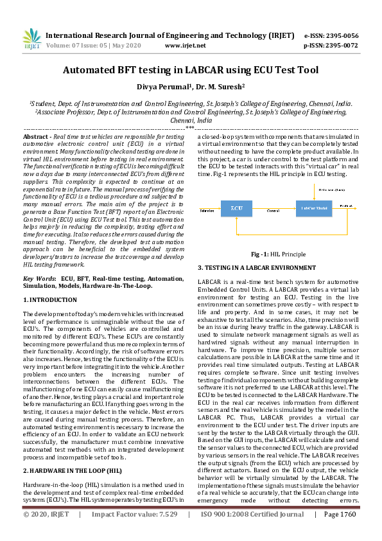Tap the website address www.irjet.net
tap(185, 46)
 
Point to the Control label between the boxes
tap(272, 210)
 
